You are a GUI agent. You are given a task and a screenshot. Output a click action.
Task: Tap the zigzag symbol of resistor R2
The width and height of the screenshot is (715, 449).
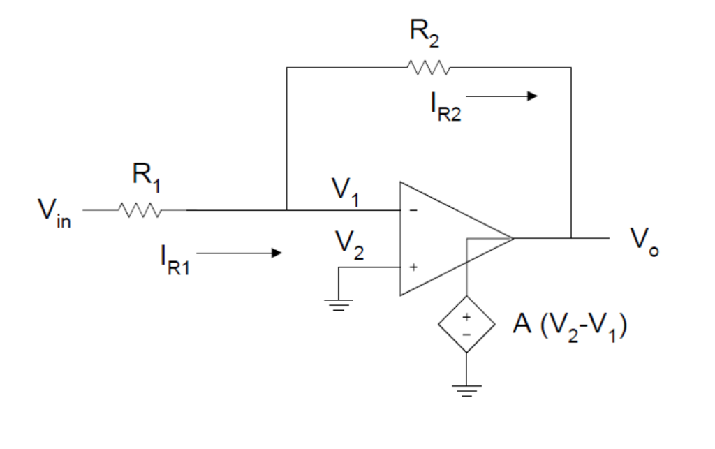pos(427,68)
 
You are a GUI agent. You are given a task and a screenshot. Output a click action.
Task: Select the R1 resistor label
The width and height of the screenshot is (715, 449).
pos(146,181)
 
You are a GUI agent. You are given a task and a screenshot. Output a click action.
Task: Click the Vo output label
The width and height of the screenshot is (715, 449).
pos(644,240)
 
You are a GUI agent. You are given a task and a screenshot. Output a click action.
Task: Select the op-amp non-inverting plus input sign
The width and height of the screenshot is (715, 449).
pos(413,267)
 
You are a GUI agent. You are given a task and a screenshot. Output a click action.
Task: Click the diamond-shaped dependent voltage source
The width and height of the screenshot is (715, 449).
pos(466,324)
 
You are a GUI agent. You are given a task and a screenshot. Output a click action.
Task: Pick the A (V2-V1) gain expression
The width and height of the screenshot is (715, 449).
pos(568,326)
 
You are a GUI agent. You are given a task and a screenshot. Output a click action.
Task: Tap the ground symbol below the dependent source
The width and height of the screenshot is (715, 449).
pos(466,390)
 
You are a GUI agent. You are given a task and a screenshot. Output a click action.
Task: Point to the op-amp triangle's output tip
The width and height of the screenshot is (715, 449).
pos(513,238)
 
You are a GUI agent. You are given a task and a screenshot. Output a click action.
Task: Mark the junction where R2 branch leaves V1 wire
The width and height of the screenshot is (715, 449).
pos(287,209)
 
